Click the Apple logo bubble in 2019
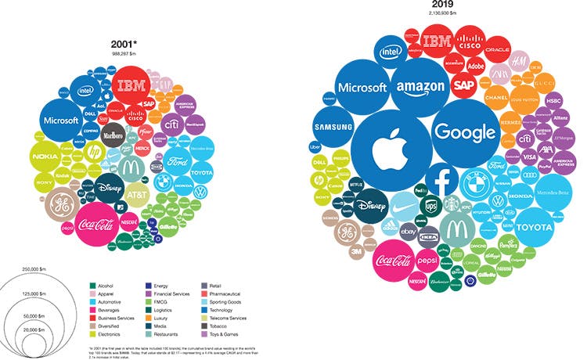point(389,148)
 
